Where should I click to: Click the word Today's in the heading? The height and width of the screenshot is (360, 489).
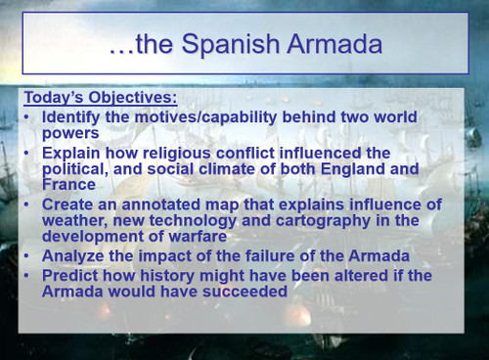(x=55, y=97)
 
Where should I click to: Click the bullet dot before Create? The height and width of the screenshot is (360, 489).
(x=27, y=203)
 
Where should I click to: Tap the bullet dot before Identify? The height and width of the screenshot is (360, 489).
(x=27, y=115)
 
